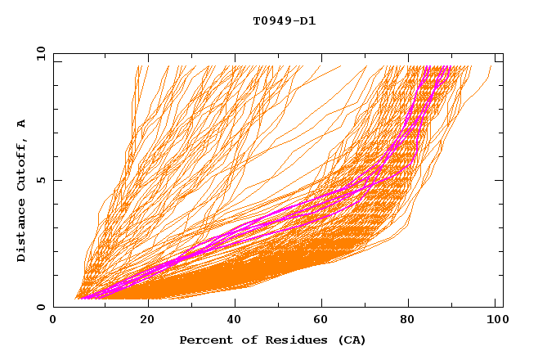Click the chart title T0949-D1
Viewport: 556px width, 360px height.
(x=284, y=21)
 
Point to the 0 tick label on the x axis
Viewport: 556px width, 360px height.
(x=53, y=321)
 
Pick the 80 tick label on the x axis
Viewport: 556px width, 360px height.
(x=409, y=321)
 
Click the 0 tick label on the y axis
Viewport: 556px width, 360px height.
(x=41, y=308)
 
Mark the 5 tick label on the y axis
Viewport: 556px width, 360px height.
(x=41, y=180)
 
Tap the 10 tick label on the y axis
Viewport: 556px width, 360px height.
(x=39, y=53)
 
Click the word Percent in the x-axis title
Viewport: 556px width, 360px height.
(x=203, y=340)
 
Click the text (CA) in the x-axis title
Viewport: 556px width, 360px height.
(x=349, y=340)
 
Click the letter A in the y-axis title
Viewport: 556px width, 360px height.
(x=22, y=124)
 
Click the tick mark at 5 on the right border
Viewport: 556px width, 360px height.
(x=500, y=180)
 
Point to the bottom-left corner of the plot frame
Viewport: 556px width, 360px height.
(x=53, y=307)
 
